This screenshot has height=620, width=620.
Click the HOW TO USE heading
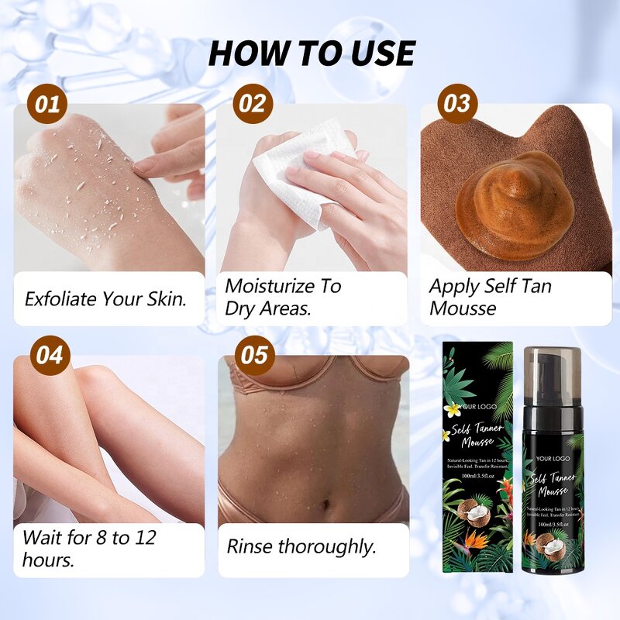click(x=312, y=53)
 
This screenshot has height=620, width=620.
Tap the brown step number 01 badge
click(x=48, y=104)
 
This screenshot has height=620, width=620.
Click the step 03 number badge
click(x=456, y=104)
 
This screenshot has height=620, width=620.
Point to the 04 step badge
click(x=50, y=355)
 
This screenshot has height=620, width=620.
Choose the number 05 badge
click(x=253, y=355)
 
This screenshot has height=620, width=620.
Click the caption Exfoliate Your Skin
click(x=106, y=298)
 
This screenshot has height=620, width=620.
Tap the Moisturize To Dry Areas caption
click(x=283, y=297)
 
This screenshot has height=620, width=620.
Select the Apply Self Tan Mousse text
click(x=490, y=297)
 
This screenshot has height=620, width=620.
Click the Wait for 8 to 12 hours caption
click(x=89, y=549)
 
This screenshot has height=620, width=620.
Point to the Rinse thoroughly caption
click(x=301, y=546)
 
